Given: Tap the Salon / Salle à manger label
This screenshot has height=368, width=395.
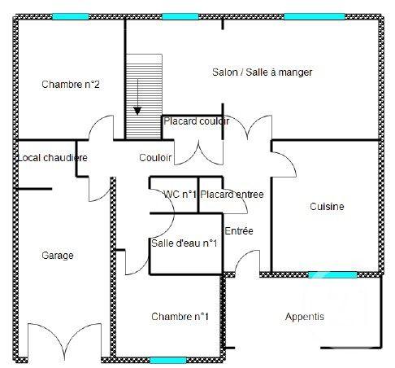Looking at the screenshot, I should [262, 72].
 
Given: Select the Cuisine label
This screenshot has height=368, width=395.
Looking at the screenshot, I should [327, 207].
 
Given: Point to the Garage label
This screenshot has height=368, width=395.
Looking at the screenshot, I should [57, 256].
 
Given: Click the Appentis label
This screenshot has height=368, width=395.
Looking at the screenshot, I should [304, 317].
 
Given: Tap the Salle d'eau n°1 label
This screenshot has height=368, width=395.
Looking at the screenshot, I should [184, 243].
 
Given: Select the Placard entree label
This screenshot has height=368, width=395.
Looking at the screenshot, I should [232, 195].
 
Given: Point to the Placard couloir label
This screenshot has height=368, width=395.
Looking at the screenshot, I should [196, 121].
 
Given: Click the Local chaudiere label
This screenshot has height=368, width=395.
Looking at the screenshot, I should [52, 158].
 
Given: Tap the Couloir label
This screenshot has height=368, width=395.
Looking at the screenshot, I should [155, 158].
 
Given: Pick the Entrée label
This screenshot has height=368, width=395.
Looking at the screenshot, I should [239, 231].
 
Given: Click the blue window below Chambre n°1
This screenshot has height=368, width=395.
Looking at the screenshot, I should [167, 359].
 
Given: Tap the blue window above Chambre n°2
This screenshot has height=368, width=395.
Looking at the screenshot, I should [71, 16].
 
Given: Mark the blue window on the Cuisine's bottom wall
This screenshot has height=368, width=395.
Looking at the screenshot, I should [332, 274].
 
